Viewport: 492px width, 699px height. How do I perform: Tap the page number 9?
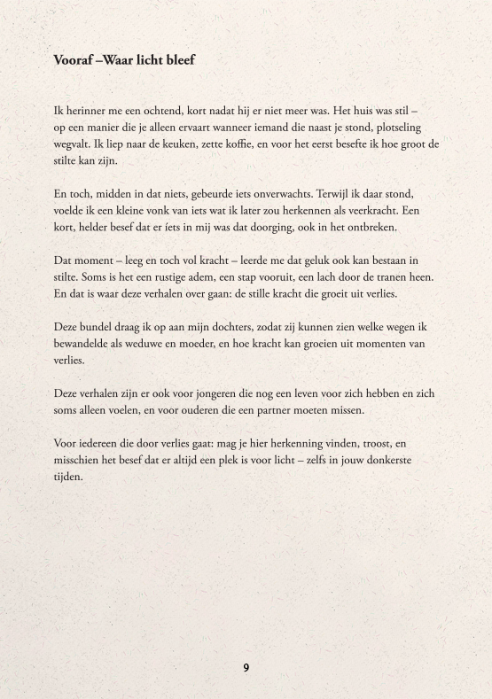click(x=246, y=667)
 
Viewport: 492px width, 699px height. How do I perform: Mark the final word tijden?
click(x=68, y=477)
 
